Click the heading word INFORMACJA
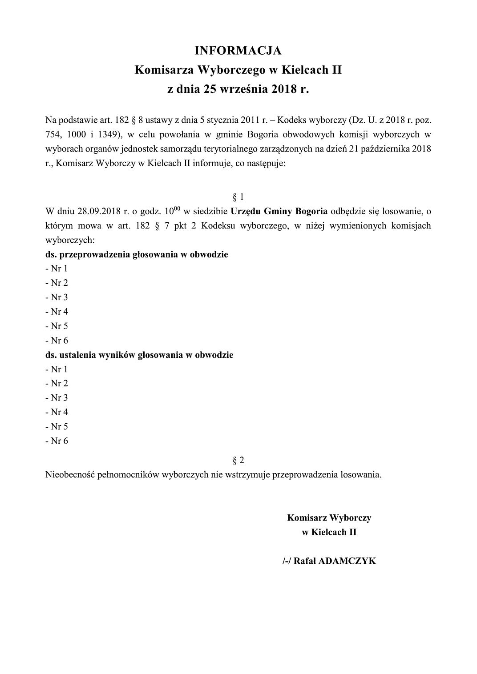(x=238, y=51)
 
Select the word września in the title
(x=244, y=89)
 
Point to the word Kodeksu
(x=218, y=225)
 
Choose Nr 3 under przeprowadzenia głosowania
(x=59, y=297)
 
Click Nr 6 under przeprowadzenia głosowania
(x=59, y=340)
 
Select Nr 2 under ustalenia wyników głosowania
(x=59, y=383)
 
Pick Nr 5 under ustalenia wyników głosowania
(x=59, y=426)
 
